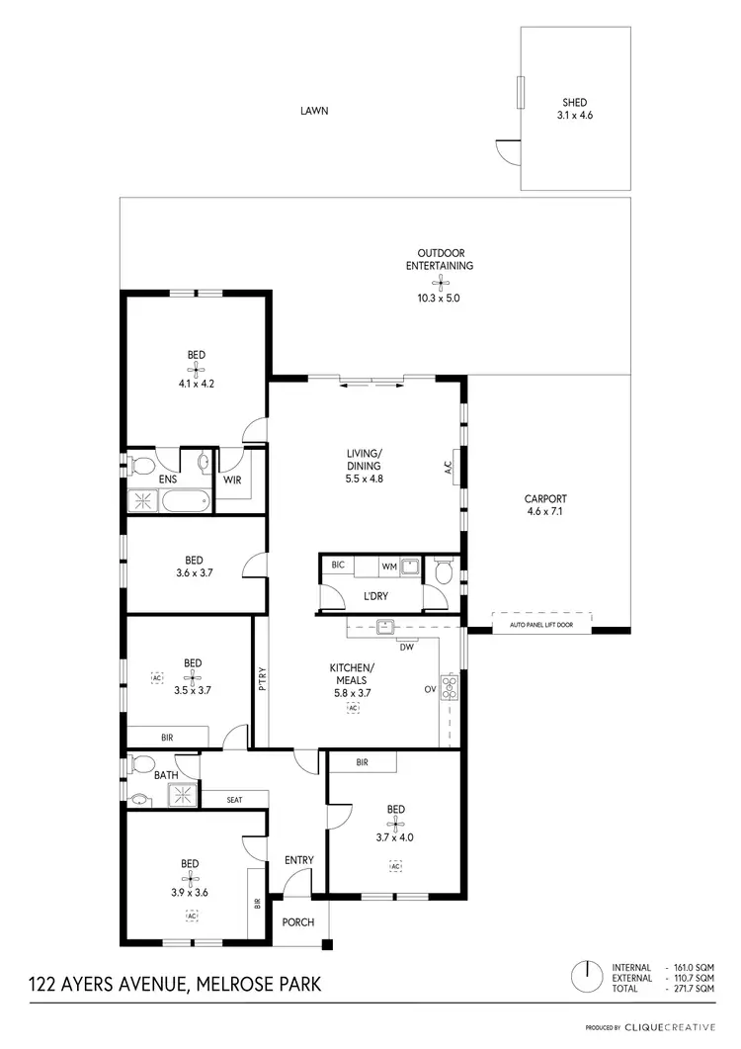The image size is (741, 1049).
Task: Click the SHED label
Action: point(576,102)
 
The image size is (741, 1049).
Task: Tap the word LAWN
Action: point(314,111)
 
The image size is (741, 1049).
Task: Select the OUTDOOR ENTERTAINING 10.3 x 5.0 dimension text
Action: point(440,297)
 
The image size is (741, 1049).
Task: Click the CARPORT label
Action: point(546,499)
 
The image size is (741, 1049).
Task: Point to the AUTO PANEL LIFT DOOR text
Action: point(541,626)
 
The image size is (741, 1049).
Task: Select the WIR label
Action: point(233,481)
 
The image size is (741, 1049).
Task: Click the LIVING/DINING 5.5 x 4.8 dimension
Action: point(363,479)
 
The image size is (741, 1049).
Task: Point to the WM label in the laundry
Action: point(389,568)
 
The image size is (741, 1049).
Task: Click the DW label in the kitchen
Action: point(405,648)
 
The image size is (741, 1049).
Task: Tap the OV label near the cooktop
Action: point(430,688)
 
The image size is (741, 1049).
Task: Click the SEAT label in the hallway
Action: point(234,800)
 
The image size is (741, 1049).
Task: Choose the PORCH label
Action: point(297,922)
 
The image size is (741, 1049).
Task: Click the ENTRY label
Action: point(298,860)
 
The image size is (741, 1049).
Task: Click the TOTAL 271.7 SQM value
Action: point(693,989)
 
